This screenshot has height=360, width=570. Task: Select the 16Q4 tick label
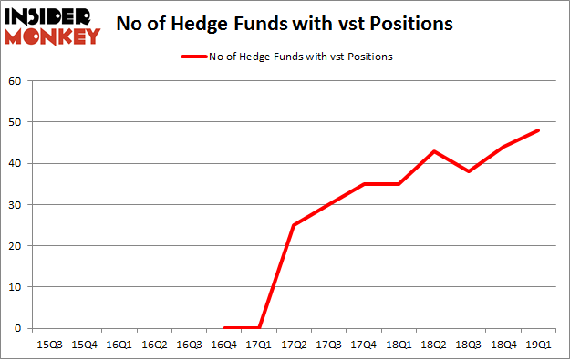point(224,345)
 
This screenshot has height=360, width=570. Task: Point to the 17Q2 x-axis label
point(295,345)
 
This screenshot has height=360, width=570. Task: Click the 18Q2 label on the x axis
point(434,345)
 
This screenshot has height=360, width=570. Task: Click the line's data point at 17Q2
point(295,225)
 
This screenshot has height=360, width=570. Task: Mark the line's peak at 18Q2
point(434,151)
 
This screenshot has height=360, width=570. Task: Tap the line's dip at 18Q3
point(469,171)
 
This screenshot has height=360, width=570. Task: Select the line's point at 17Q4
point(364,184)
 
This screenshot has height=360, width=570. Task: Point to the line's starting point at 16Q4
point(224,328)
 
